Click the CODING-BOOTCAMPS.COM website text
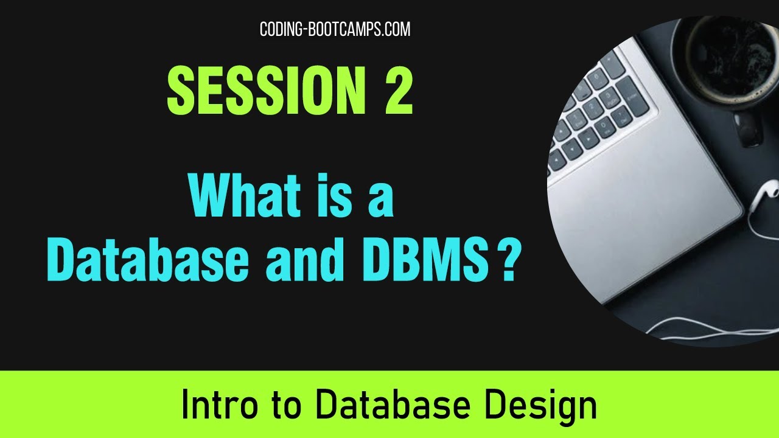pos(335,29)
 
